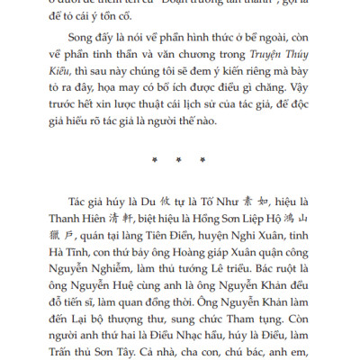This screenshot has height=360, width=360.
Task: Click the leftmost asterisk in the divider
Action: (156, 160)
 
